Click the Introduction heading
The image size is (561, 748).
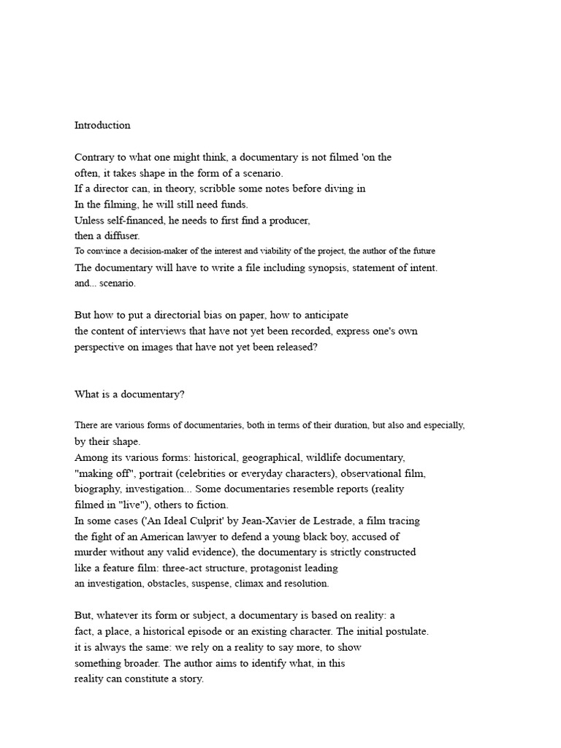102,125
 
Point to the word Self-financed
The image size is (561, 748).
135,220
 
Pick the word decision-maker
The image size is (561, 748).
153,251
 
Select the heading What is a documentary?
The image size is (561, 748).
126,394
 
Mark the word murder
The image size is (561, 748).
91,552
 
